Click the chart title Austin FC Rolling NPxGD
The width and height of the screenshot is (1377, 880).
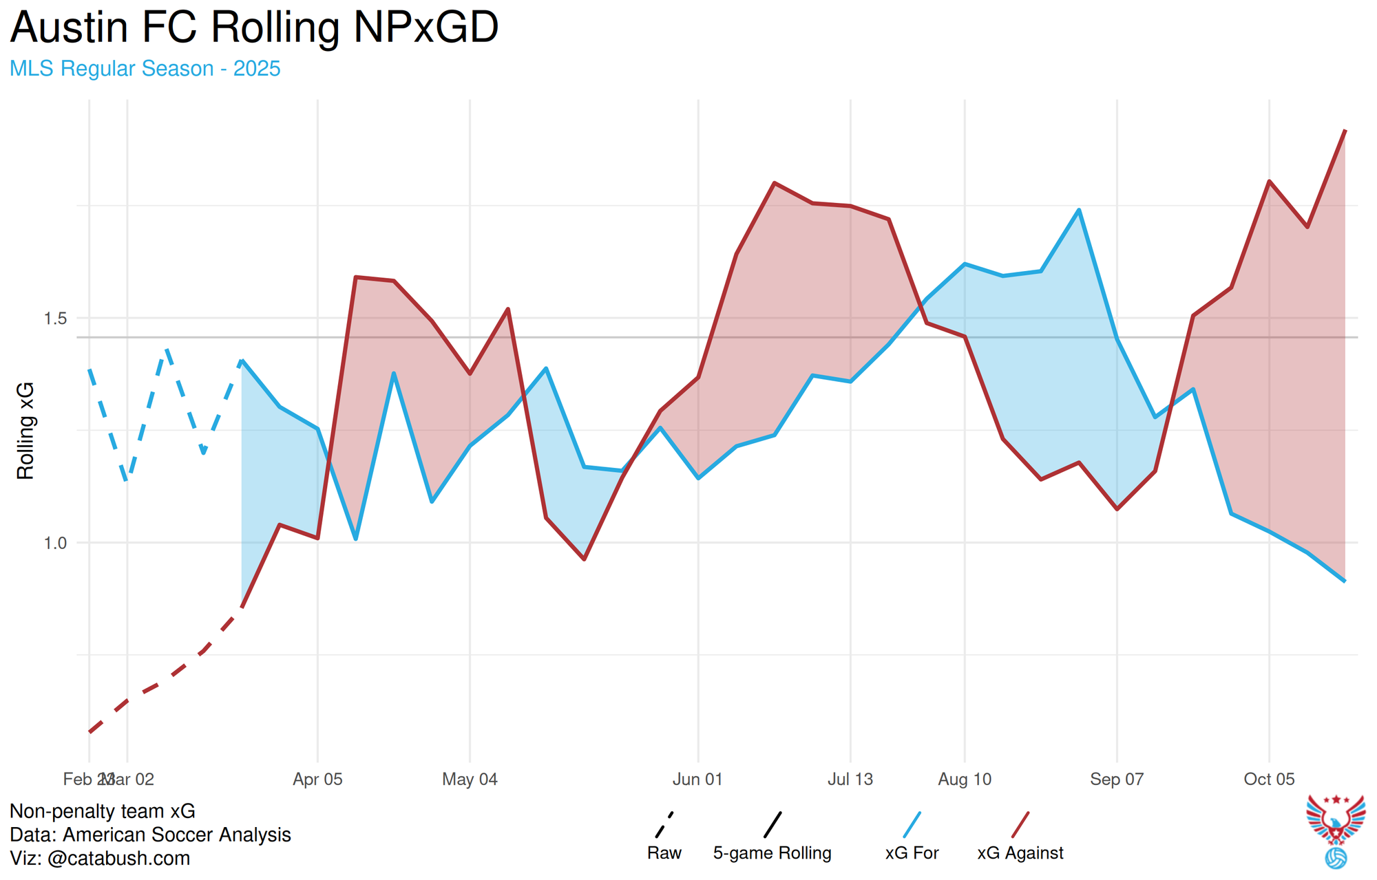254,28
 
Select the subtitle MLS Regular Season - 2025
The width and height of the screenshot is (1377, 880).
145,69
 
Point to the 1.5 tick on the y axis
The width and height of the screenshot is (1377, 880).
55,319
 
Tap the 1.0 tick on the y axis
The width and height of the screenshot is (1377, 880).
55,544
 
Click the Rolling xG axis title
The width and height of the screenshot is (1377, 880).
25,431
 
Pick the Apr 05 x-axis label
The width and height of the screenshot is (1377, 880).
317,780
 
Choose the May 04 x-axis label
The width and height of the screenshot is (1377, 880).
470,780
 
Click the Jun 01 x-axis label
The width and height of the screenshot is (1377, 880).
698,780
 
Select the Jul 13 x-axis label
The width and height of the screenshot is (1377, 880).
850,780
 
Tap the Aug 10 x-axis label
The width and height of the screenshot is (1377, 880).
965,780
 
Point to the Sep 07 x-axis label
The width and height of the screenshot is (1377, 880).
1117,780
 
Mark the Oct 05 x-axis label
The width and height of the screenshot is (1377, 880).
1269,780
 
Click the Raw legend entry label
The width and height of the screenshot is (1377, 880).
664,853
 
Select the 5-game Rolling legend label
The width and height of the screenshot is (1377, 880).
772,853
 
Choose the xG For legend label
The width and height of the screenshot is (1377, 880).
912,853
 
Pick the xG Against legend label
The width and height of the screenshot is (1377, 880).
1020,853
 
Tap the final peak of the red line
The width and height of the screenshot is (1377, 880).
1345,130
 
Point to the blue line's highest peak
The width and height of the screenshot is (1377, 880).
1079,210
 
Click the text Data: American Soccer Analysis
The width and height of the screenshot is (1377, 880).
150,835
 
